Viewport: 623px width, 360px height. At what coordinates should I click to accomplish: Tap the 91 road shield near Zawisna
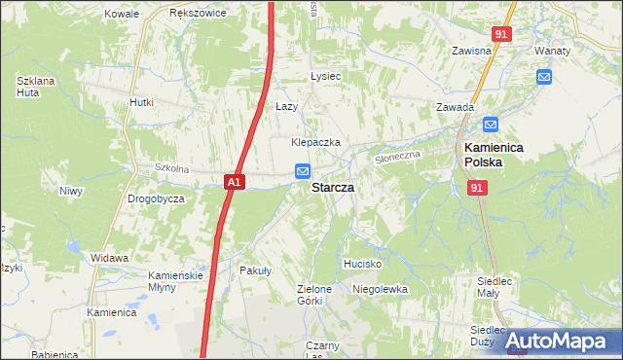500,34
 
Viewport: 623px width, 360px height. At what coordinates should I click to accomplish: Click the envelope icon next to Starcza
303,171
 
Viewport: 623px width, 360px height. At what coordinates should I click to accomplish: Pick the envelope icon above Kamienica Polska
491,125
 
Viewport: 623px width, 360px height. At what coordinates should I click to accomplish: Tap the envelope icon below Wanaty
543,76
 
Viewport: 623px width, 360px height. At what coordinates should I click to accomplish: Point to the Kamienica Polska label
494,155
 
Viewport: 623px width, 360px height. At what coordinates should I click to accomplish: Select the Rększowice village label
198,14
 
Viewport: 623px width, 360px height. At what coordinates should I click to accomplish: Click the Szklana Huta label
33,87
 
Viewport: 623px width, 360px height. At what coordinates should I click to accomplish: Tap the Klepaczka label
315,142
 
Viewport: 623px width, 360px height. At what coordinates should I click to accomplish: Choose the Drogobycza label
156,198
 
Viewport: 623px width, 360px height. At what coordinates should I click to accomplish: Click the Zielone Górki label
314,295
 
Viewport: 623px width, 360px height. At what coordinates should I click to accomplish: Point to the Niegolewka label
380,289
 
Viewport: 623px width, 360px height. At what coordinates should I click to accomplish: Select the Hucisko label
362,264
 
